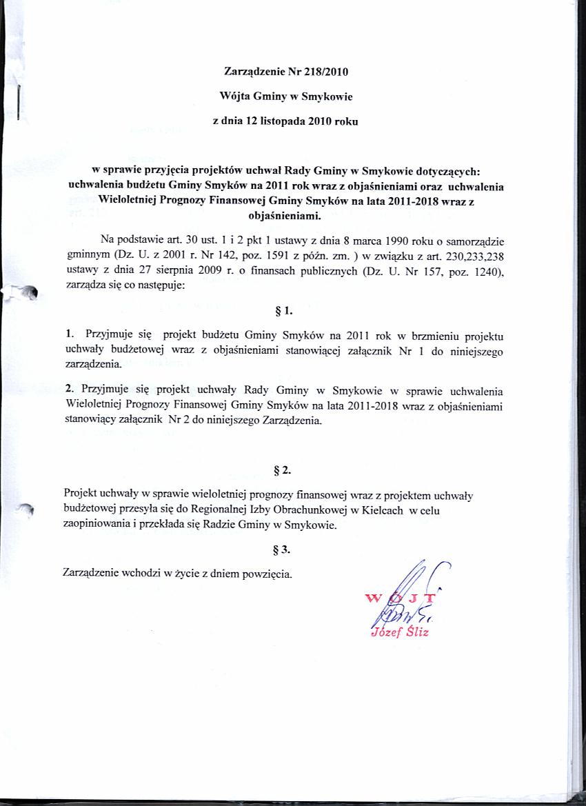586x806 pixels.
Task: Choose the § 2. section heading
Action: click(283, 470)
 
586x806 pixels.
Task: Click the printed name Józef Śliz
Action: click(400, 632)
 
